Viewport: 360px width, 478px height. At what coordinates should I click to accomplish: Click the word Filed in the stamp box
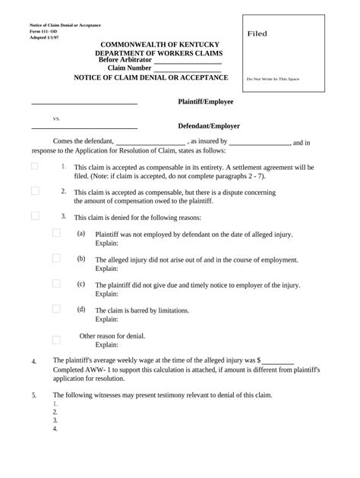tap(257, 34)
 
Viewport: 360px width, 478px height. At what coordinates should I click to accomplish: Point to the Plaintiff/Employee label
tap(206, 101)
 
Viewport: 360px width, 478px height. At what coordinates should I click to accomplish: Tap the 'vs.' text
tap(56, 119)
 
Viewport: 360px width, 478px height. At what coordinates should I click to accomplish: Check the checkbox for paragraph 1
tap(35, 166)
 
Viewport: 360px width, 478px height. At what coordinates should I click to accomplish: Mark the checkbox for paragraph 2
tap(35, 191)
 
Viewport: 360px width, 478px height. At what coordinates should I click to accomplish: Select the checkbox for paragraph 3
tap(35, 216)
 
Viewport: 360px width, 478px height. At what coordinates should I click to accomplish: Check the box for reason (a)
tap(56, 233)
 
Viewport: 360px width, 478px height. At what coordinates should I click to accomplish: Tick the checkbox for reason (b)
tap(56, 259)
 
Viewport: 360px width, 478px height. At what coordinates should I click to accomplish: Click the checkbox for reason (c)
tap(56, 284)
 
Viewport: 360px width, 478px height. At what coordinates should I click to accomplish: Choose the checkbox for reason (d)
tap(56, 309)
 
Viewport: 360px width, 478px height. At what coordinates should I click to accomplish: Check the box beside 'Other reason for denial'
tap(56, 340)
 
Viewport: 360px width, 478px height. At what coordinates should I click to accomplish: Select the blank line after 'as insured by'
tap(259, 142)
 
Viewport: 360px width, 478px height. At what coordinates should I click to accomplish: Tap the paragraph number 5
tap(33, 395)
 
